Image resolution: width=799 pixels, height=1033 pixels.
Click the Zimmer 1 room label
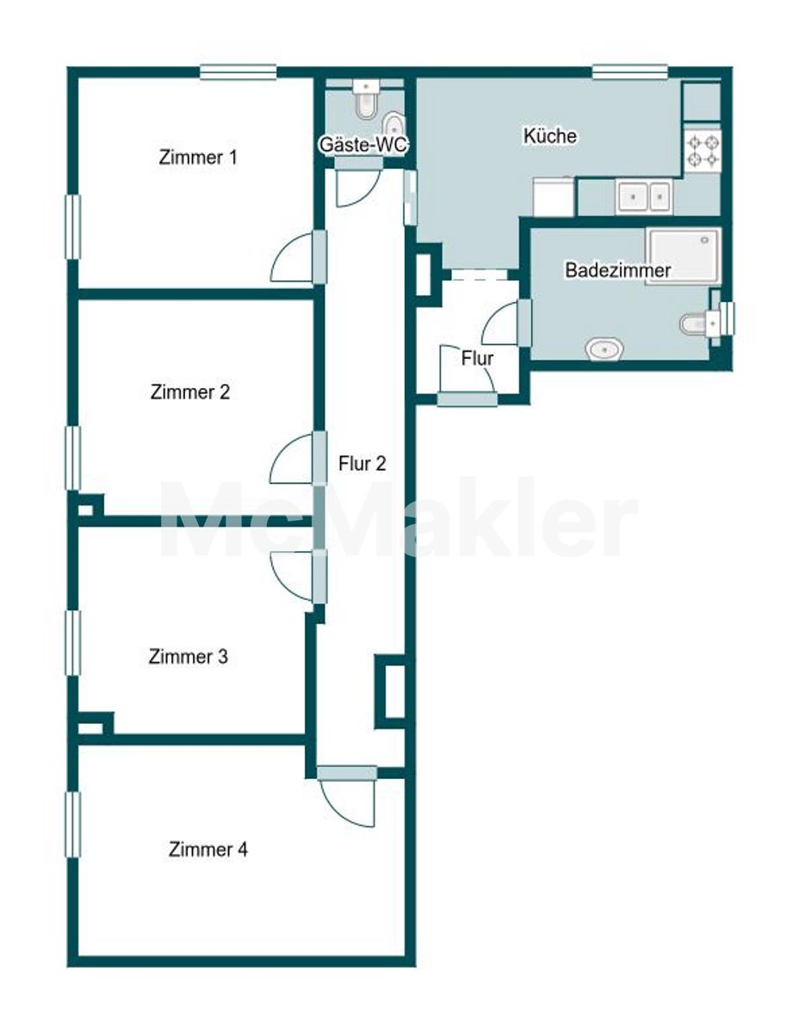[x=197, y=158]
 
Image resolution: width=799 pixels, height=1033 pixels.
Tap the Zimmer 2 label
[x=189, y=393]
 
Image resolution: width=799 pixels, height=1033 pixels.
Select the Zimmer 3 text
[x=189, y=657]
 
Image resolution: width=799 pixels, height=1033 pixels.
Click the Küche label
[x=550, y=135]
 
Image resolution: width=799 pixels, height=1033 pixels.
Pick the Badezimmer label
[x=617, y=270]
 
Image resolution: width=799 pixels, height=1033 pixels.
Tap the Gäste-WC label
[x=363, y=145]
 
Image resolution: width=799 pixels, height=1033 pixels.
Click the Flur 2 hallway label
[x=362, y=463]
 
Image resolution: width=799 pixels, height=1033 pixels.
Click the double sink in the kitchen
[x=644, y=195]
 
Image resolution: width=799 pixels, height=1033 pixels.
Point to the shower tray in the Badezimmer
[x=683, y=257]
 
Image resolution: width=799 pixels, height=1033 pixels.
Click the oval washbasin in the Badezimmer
[x=604, y=350]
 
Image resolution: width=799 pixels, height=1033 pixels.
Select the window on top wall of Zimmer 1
[x=238, y=71]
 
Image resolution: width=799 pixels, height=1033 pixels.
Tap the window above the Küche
[x=629, y=71]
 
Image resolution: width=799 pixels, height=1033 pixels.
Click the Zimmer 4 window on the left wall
[x=72, y=825]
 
